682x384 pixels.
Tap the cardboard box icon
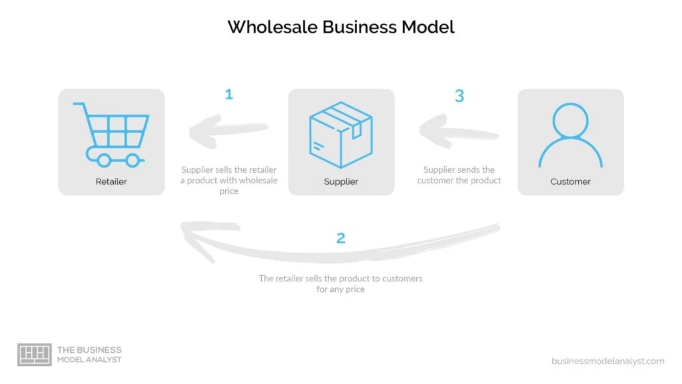tap(341, 134)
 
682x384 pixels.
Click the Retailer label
tap(111, 181)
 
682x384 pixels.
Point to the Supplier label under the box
tap(341, 181)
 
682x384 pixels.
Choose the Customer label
tap(571, 181)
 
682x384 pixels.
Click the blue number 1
tap(229, 95)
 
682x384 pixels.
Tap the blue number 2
tap(341, 238)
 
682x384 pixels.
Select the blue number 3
tap(459, 96)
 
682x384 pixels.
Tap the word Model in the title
tap(427, 27)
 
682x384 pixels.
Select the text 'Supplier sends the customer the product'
tap(459, 175)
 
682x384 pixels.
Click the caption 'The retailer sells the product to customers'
tap(340, 279)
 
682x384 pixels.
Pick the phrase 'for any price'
tap(340, 290)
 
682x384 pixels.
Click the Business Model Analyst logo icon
tap(34, 355)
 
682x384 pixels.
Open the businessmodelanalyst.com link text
tap(607, 361)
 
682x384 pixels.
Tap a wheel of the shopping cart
tap(103, 160)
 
